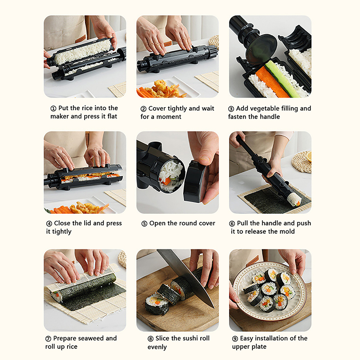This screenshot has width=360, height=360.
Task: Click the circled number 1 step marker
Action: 53,108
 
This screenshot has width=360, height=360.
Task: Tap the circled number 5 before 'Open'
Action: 144,224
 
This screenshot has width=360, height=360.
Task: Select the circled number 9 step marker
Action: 235,339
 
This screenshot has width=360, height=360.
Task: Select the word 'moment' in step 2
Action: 169,117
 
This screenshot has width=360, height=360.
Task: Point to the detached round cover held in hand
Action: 195,182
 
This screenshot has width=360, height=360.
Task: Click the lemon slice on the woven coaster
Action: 309,156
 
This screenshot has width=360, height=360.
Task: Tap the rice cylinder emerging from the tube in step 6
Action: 294,199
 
